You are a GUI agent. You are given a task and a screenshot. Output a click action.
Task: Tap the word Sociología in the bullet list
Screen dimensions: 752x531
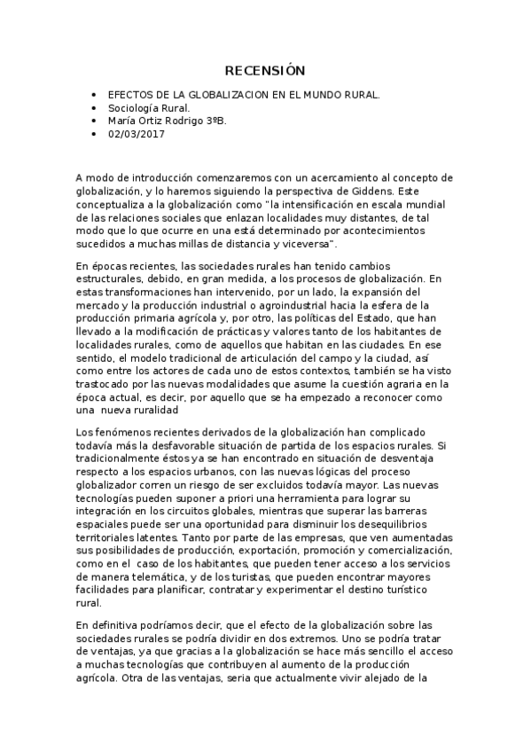click(132, 107)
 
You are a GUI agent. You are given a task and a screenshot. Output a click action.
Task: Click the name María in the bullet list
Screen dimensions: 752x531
click(122, 121)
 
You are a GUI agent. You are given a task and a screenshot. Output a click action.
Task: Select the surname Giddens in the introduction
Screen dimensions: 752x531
click(372, 191)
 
